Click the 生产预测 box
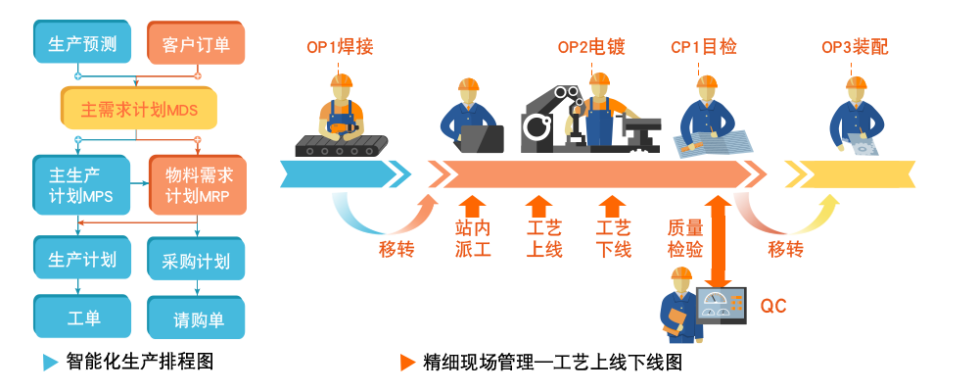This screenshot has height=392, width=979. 82,44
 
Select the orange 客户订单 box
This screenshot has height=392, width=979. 197,44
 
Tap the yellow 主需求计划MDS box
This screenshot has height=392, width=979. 139,109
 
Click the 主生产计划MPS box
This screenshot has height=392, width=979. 81,184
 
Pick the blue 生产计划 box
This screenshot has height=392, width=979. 82,260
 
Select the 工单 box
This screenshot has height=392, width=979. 82,318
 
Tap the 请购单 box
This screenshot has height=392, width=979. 197,318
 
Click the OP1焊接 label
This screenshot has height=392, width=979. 340,47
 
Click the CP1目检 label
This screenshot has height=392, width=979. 703,47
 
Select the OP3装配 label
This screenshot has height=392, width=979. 854,47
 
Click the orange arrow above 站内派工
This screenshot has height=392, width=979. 472,206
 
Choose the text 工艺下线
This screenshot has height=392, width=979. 613,238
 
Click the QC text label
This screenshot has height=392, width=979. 773,307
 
